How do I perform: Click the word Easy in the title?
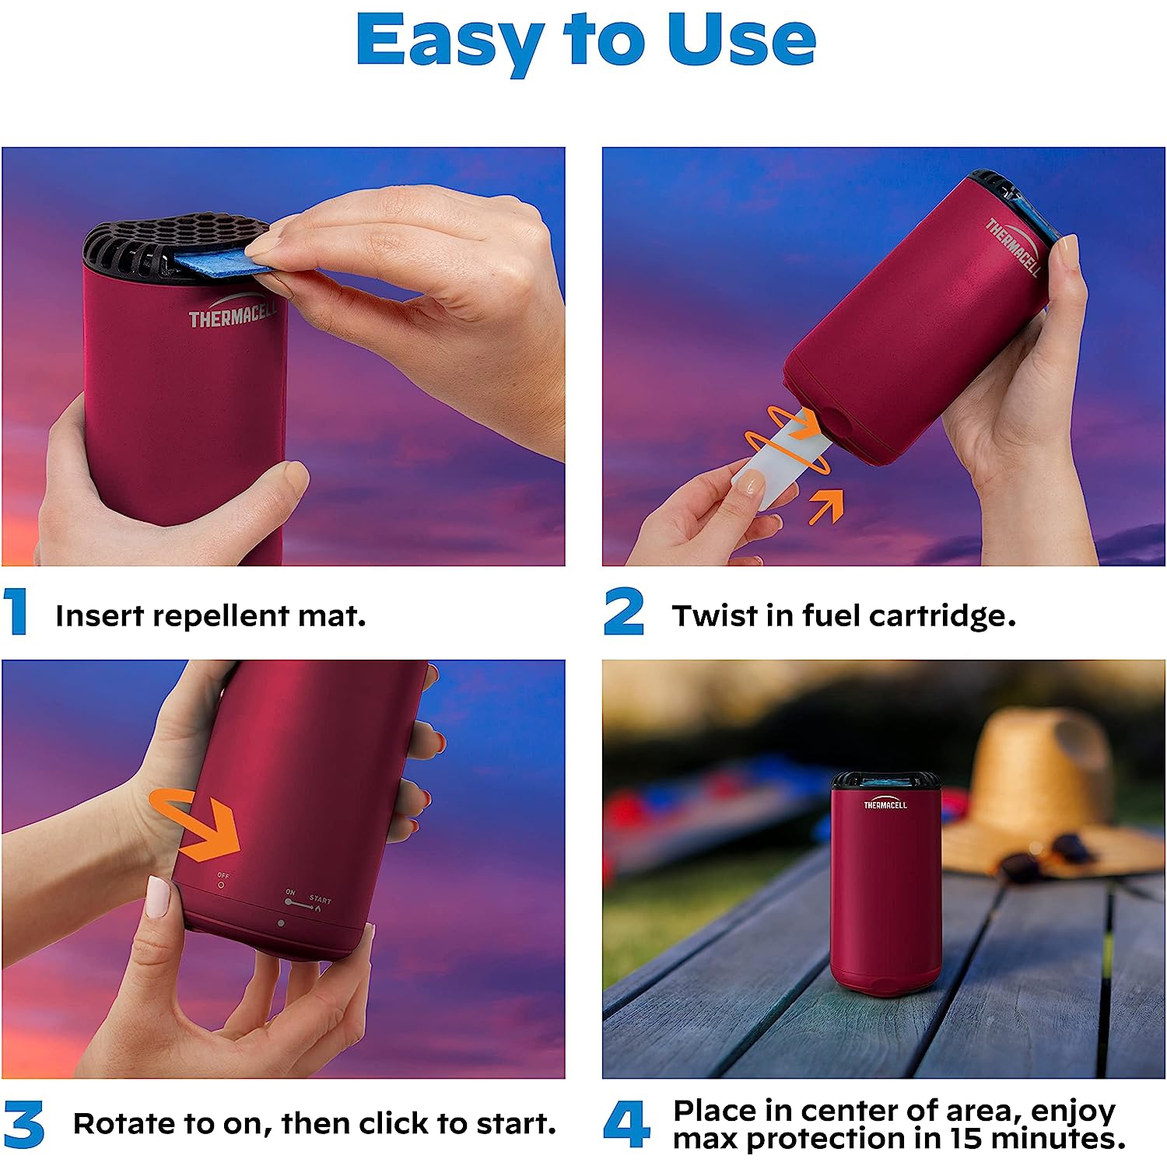click(448, 40)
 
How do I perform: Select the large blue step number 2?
click(624, 612)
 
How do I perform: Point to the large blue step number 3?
click(23, 1124)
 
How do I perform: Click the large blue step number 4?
click(626, 1124)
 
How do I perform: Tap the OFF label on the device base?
click(223, 876)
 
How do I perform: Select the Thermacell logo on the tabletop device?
click(885, 804)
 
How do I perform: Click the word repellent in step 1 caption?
click(221, 616)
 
